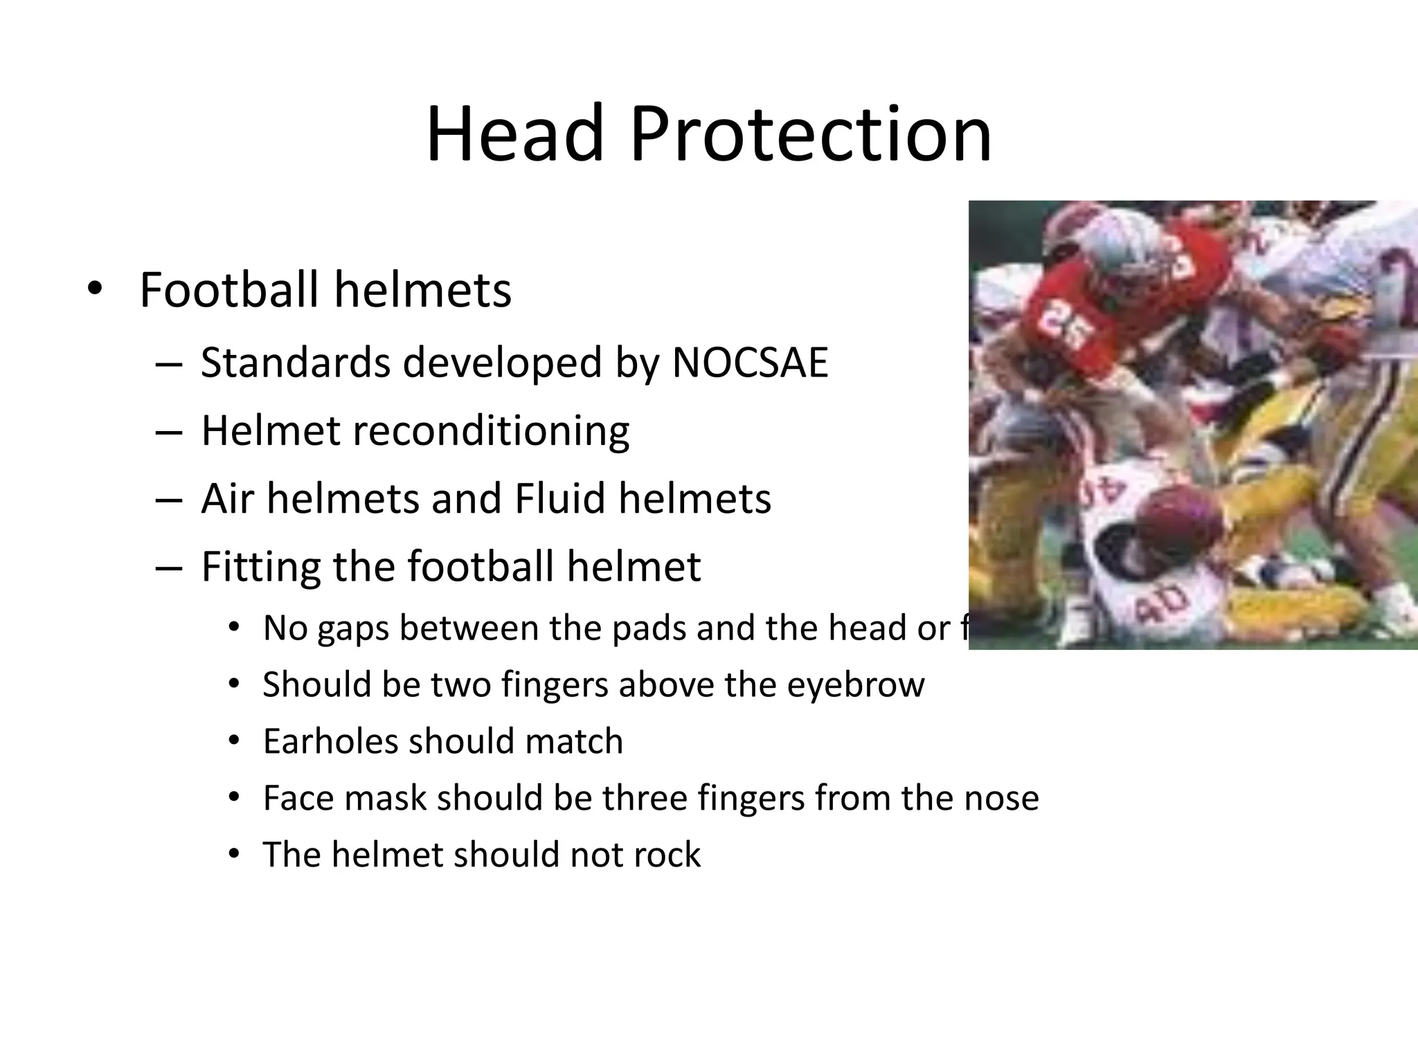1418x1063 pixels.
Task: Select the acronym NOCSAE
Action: pos(750,362)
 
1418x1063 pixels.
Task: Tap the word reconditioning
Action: pos(492,430)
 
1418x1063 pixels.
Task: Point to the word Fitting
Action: pos(260,566)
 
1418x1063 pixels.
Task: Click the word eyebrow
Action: pos(856,684)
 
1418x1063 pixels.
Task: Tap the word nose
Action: pos(1004,798)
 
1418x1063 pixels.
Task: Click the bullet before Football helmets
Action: pos(94,289)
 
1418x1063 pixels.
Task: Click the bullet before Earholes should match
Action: pos(234,741)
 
